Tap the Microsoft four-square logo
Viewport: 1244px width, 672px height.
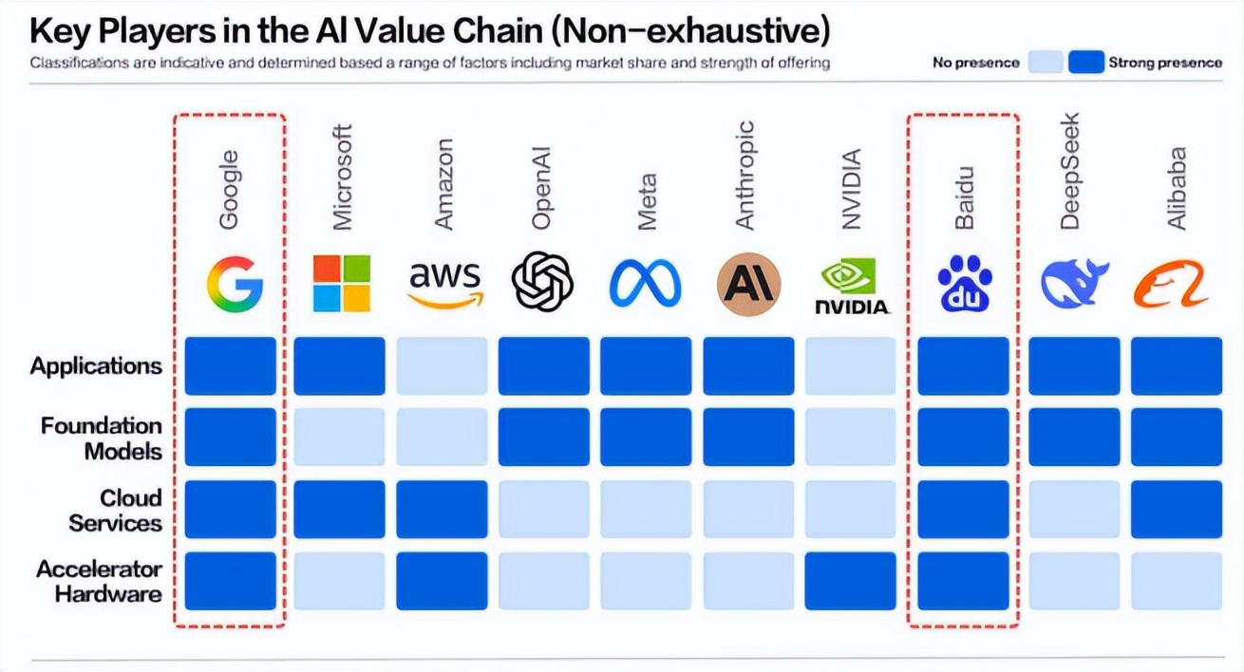point(341,283)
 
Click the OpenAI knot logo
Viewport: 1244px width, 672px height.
point(543,282)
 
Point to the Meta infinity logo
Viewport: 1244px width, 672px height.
point(646,283)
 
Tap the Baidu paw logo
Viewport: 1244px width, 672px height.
point(964,284)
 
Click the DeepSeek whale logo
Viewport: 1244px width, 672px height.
point(1074,284)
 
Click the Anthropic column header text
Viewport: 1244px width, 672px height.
point(745,176)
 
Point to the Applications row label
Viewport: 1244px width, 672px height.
point(96,366)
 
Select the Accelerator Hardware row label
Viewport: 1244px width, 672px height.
point(100,582)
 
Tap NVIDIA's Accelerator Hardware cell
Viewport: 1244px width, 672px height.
point(851,581)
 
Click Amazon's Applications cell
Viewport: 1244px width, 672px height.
point(442,365)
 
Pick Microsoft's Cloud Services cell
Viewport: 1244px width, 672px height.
point(340,510)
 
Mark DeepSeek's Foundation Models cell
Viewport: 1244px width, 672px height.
point(1074,438)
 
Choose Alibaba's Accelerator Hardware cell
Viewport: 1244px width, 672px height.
point(1176,581)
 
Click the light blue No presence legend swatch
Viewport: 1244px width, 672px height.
point(1045,63)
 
